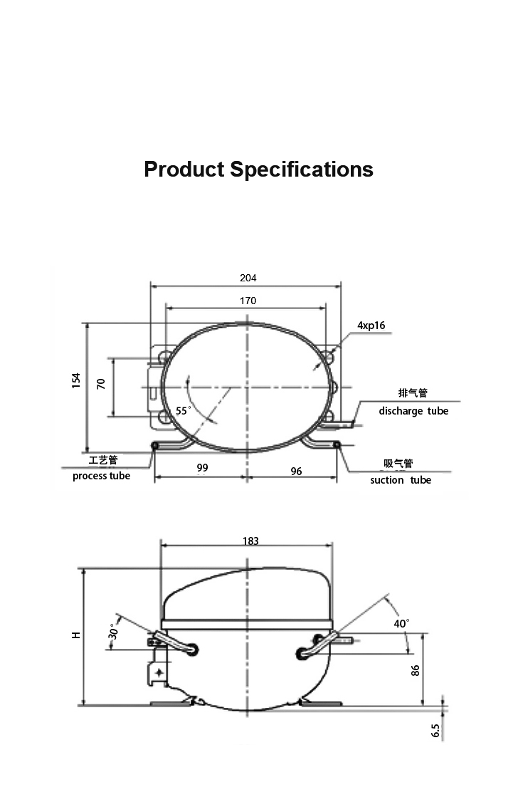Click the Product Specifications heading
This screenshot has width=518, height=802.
(x=258, y=170)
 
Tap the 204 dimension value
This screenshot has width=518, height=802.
(x=248, y=278)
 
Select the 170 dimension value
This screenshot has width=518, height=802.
(x=248, y=301)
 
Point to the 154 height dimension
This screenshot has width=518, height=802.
(x=76, y=380)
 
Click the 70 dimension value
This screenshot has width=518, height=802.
(x=101, y=384)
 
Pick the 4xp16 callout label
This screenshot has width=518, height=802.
(x=371, y=326)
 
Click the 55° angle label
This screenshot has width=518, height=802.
(x=184, y=411)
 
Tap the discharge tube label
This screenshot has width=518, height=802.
(x=413, y=411)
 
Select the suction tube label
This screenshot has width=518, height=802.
(x=401, y=480)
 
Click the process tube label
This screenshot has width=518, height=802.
(x=101, y=476)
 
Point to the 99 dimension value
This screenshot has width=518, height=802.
(x=202, y=467)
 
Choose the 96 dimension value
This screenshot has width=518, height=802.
(x=296, y=471)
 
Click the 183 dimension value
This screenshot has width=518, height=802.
(x=250, y=541)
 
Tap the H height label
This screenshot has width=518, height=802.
(x=76, y=635)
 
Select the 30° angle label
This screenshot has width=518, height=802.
(x=113, y=631)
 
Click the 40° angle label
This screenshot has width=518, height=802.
(x=401, y=623)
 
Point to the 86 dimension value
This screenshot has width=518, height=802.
(x=416, y=670)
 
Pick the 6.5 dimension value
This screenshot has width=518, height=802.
(x=435, y=730)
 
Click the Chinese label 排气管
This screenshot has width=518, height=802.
(x=413, y=393)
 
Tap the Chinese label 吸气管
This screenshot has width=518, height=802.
(x=398, y=464)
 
